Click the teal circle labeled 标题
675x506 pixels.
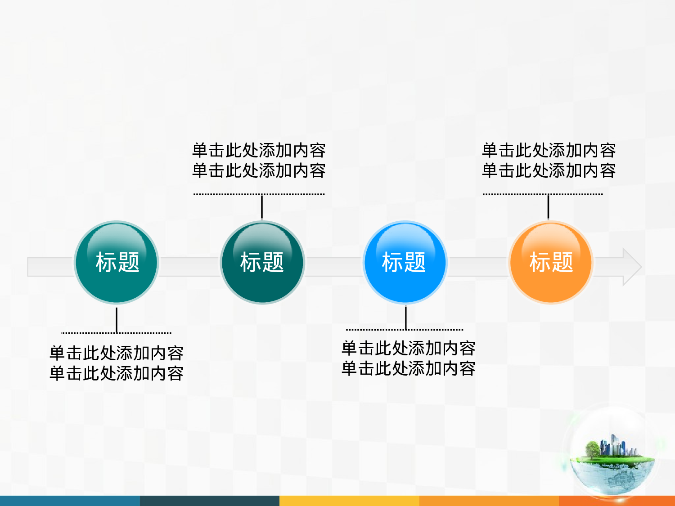[117, 262]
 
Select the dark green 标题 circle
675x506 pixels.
[262, 262]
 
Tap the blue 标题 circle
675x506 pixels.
[405, 262]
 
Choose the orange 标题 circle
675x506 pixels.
[551, 262]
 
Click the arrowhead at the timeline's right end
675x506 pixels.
[632, 267]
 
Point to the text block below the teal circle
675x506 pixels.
[117, 363]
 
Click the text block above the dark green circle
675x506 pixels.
[259, 160]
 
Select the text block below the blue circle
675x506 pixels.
[408, 358]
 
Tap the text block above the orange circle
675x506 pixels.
[549, 160]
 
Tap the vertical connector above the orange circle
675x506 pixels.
[548, 207]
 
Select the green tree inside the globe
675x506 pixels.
[592, 448]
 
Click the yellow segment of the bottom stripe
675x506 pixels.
[349, 501]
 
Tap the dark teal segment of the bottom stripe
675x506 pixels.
[209, 501]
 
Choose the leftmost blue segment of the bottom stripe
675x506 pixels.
[70, 501]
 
